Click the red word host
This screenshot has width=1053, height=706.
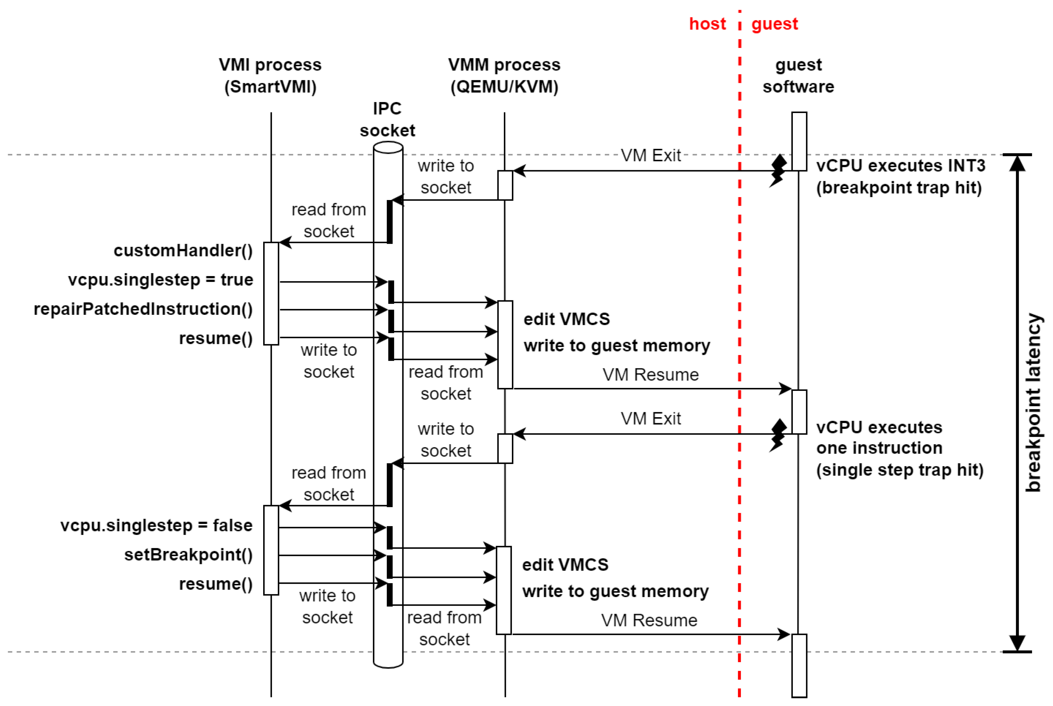[x=707, y=24]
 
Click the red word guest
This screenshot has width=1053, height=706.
[x=774, y=24]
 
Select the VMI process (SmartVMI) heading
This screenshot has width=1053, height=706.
[x=270, y=76]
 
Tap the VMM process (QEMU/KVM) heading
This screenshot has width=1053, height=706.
[x=504, y=76]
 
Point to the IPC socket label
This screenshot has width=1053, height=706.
[x=387, y=119]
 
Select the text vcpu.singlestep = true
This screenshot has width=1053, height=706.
[x=160, y=280]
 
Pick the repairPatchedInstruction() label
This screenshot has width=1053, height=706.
[x=143, y=309]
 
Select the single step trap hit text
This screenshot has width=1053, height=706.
[x=900, y=470]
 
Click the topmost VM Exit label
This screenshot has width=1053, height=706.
[x=650, y=155]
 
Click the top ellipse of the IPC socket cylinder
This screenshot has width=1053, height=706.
[x=388, y=148]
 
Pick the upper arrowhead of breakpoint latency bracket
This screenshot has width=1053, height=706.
[x=1017, y=164]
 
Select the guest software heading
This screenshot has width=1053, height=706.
[x=798, y=76]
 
